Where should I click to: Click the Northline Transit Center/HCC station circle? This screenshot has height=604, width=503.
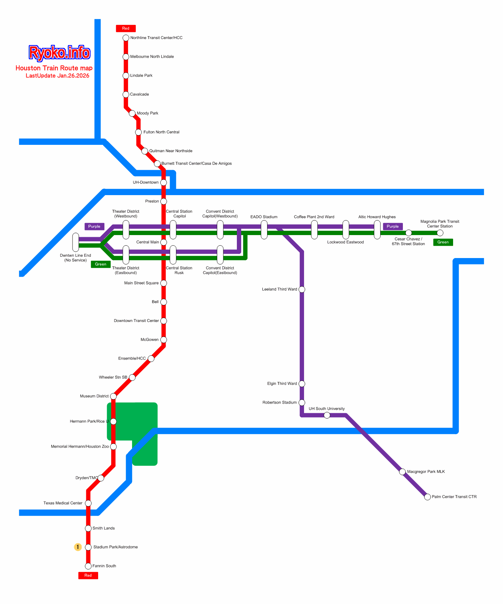126,38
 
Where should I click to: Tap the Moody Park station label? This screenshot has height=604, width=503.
147,113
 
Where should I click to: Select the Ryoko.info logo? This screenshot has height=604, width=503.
59,53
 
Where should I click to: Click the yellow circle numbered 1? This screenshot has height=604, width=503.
78,547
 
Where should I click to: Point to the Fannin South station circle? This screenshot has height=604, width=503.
88,566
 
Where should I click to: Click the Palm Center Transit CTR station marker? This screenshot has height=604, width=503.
427,497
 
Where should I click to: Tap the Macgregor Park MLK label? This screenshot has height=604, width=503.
426,472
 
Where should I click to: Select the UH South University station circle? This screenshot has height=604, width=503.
327,415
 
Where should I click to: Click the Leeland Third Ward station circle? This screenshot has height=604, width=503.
302,289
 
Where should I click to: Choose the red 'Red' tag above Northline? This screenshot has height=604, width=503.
126,29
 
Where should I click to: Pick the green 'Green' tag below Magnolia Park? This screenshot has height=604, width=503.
443,242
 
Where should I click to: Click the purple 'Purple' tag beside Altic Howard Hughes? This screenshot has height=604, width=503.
393,226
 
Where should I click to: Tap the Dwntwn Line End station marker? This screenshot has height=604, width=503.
76,242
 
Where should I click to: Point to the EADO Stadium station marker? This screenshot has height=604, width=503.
264,230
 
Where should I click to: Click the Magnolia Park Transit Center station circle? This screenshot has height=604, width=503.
440,233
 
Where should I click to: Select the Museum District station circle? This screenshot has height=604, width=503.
113,396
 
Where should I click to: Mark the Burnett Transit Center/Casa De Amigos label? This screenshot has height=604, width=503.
196,163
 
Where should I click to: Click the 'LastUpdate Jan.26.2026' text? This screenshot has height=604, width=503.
58,76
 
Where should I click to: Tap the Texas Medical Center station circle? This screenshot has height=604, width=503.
88,503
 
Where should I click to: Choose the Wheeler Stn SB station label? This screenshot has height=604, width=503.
113,377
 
